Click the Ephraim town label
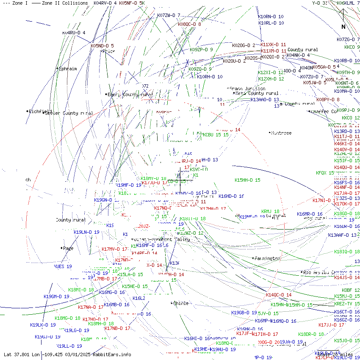click(x=68, y=69)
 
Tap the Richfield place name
click(x=40, y=111)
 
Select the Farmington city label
click(x=267, y=258)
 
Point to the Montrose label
click(x=281, y=133)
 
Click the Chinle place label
click(x=181, y=303)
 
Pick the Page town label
click(x=68, y=248)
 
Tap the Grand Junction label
click(x=247, y=89)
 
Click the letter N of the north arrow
click(x=343, y=27)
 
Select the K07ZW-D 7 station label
click(x=169, y=15)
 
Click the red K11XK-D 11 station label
click(x=273, y=44)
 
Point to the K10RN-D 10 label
click(x=271, y=17)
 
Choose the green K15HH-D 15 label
click(x=247, y=180)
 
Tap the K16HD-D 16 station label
click(x=231, y=196)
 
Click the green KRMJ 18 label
click(x=270, y=211)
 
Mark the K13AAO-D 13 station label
click(x=265, y=100)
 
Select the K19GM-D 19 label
click(x=56, y=296)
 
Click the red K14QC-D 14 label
click(x=279, y=295)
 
